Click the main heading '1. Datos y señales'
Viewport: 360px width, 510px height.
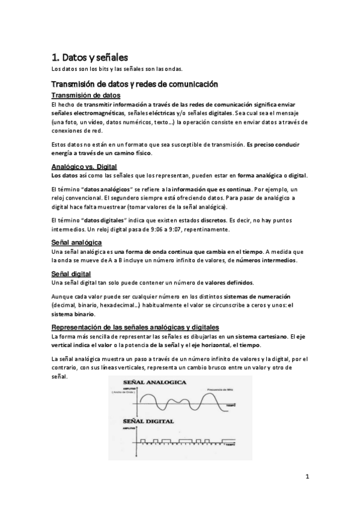(x=90, y=57)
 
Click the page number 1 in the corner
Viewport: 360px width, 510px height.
(x=307, y=478)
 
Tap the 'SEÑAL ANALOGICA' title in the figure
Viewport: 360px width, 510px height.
(x=155, y=382)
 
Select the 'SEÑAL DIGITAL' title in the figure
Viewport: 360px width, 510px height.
(x=150, y=422)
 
